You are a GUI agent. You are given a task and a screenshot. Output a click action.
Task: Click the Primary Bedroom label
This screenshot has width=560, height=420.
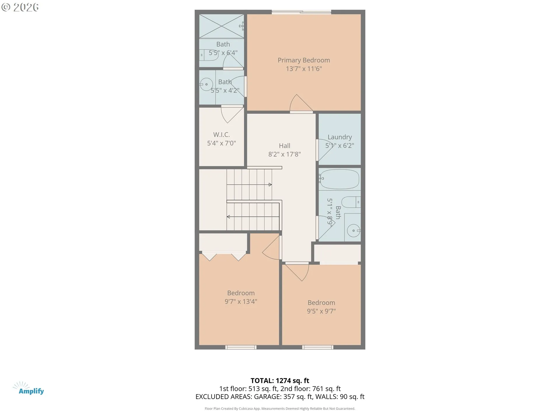click(x=304, y=60)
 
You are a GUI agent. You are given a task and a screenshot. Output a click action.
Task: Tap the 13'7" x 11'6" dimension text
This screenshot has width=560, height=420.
click(x=304, y=69)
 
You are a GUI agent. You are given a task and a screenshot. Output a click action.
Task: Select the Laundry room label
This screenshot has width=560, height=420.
click(x=339, y=137)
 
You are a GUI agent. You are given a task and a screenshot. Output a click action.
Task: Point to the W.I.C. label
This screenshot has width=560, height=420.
click(x=221, y=135)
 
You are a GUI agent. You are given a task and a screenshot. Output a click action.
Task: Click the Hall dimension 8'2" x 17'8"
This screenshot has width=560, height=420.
click(x=284, y=154)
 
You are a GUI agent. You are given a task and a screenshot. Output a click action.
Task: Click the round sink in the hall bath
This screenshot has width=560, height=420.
click(x=353, y=231)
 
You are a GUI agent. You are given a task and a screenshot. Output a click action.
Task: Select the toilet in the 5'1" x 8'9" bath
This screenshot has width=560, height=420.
click(x=351, y=202)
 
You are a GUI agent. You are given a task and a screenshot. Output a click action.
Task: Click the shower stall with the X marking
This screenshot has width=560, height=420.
click(x=221, y=26)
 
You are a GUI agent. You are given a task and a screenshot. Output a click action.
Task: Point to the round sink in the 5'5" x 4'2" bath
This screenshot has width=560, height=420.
click(x=206, y=85)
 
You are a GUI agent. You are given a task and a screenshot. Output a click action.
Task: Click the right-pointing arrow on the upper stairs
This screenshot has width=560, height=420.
click(x=270, y=185)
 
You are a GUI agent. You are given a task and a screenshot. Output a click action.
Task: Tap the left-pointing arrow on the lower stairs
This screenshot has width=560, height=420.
click(x=228, y=217)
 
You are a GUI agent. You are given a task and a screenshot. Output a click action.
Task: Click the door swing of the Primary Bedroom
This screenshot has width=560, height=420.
click(x=300, y=104)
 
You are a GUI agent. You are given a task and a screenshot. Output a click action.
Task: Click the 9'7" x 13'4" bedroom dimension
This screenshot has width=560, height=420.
click(x=241, y=302)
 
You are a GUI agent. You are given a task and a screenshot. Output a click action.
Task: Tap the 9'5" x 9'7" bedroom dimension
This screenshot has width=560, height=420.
click(x=321, y=311)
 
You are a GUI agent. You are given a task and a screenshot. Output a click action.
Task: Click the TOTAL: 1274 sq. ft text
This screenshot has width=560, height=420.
click(x=280, y=381)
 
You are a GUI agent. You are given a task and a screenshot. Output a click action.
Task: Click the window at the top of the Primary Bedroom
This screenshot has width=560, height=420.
click(x=301, y=12)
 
